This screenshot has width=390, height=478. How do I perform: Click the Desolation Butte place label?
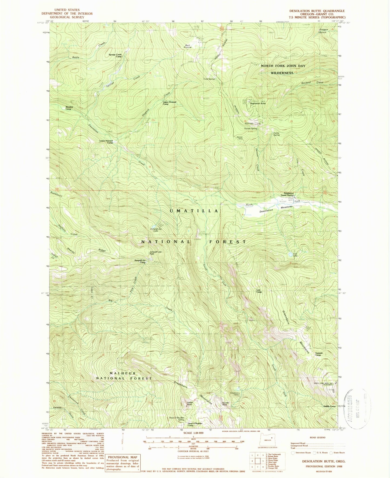[x=258, y=103]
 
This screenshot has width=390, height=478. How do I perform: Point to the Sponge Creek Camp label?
[x=115, y=55]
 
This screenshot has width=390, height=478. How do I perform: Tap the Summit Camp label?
[x=319, y=354]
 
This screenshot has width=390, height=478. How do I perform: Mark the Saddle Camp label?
[x=329, y=406]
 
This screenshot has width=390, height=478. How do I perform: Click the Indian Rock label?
[x=190, y=403]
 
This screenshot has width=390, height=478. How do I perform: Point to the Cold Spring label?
[x=209, y=79]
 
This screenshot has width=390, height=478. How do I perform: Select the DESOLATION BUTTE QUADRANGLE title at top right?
[x=317, y=11]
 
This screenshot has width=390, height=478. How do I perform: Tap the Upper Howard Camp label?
[x=169, y=103]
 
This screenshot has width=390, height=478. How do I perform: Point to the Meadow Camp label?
[x=69, y=108]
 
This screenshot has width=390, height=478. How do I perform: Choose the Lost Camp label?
[x=259, y=291]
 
